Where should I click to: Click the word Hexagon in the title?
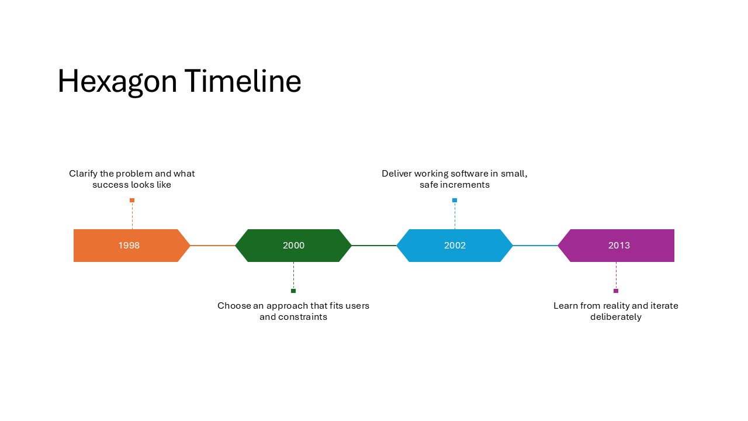117,81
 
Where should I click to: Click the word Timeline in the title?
243,81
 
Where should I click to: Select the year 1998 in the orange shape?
129,246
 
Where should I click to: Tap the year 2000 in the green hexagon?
293,246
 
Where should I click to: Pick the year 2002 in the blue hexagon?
455,246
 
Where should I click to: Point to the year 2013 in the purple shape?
619,246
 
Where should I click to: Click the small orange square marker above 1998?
132,201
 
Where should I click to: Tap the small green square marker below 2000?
293,291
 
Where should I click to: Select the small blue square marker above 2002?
455,201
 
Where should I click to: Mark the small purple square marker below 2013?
616,291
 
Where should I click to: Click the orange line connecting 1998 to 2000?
213,246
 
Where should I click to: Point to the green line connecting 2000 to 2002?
374,246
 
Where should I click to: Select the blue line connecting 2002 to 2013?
535,246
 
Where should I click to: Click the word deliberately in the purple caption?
616,317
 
